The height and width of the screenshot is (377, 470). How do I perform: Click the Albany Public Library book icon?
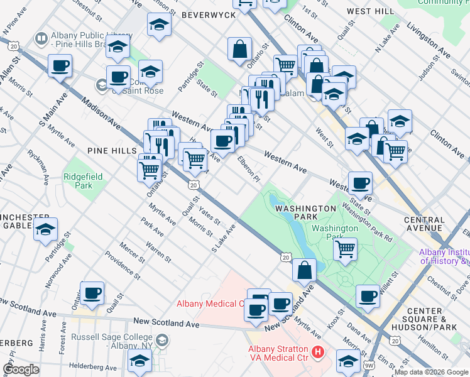[41, 39]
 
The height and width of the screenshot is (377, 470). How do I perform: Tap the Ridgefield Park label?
[78, 181]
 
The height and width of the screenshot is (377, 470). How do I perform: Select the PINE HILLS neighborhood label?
[112, 151]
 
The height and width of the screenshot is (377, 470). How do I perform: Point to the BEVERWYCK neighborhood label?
[203, 14]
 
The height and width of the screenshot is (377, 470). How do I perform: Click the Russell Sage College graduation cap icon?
[162, 341]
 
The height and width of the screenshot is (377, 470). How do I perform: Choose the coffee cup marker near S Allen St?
[60, 65]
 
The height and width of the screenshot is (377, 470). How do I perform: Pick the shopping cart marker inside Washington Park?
[345, 248]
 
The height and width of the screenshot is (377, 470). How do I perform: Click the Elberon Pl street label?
[248, 169]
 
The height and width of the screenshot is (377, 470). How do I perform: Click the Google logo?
[21, 369]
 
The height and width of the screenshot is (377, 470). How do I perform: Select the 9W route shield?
[369, 365]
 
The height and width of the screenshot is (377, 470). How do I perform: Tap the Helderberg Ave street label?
[94, 366]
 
